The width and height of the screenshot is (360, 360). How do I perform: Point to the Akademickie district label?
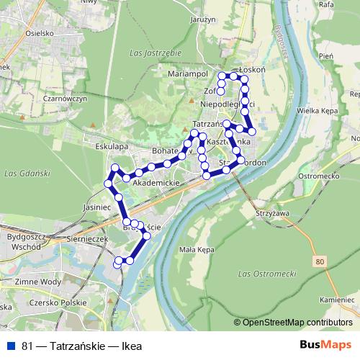point(150,184)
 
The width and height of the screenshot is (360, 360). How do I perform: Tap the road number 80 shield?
point(319,260)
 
